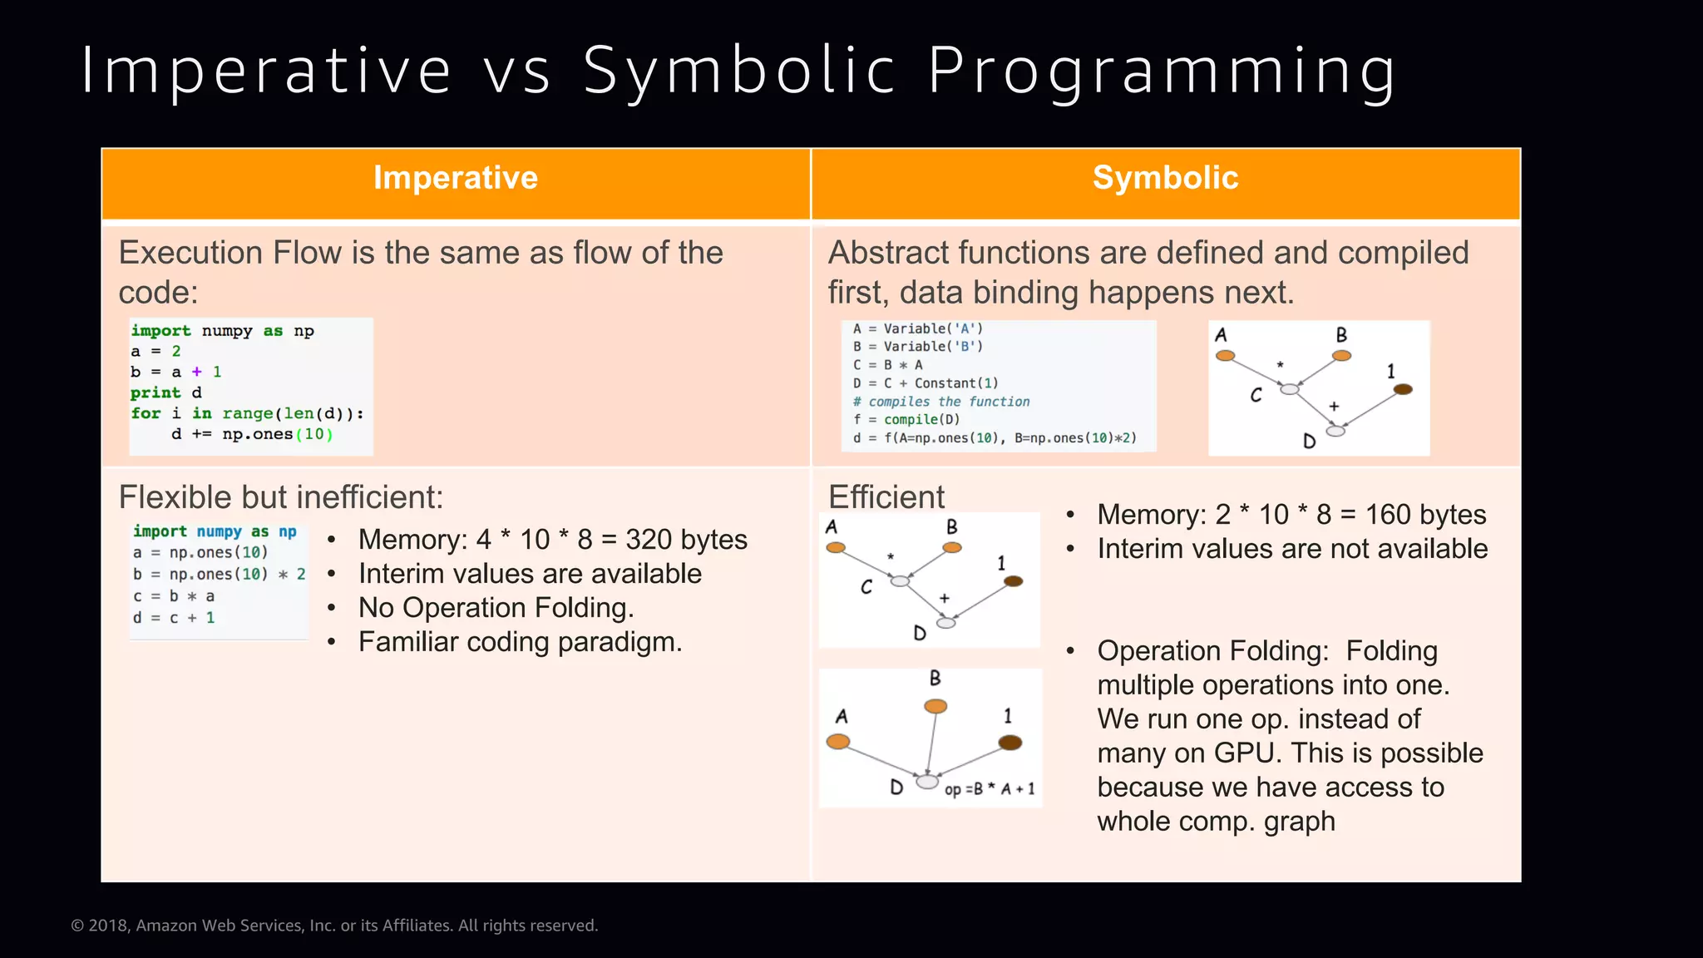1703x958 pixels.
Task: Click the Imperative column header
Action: point(456,178)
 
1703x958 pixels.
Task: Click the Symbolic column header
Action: point(1165,178)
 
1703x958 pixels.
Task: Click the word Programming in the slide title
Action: point(1162,72)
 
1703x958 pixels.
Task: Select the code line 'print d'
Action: point(166,393)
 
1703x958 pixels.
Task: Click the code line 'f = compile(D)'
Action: point(906,420)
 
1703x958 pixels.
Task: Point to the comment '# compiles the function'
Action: point(941,402)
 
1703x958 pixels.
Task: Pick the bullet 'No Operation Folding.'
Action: point(496,608)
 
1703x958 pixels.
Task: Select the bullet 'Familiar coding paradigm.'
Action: point(520,642)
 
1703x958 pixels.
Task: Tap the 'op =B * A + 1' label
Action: point(990,789)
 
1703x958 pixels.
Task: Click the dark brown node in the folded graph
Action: point(1009,743)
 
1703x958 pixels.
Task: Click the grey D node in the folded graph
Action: point(926,782)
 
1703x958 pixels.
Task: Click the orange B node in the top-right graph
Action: point(1341,356)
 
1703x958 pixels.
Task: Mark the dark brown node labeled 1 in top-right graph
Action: point(1403,389)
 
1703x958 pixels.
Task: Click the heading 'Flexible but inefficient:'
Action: point(281,497)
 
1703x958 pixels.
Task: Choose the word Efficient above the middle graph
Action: point(886,497)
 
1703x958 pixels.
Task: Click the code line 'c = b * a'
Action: point(174,596)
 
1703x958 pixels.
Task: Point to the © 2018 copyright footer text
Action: point(334,926)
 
